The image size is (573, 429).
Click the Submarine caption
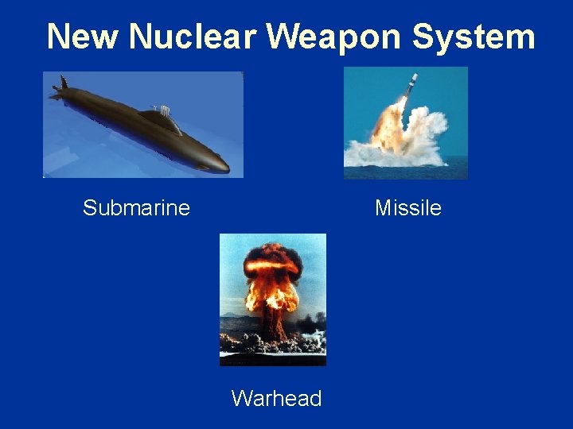136,208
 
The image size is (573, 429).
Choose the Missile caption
407,208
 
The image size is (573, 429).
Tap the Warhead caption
276,398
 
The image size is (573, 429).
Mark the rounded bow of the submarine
219,165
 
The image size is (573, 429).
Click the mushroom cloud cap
272,262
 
